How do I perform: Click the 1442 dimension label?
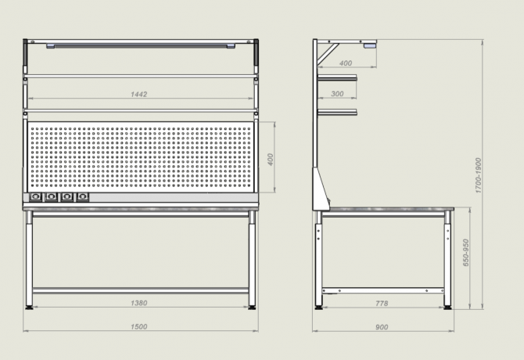(138, 94)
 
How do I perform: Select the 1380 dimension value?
(138, 303)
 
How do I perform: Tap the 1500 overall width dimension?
(138, 326)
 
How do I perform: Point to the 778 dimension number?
(382, 303)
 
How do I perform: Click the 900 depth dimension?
(382, 327)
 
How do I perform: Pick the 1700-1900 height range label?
(478, 175)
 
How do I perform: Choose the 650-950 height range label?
(466, 253)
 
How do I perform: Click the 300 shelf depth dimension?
(337, 94)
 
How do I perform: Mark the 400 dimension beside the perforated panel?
(271, 160)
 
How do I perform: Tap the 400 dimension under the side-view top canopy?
(346, 63)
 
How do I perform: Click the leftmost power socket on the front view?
(35, 197)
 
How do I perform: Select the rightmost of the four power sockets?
(83, 197)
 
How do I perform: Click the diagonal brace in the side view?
(328, 54)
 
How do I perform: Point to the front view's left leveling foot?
(29, 308)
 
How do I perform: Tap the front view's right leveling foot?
(252, 308)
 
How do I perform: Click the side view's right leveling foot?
(447, 308)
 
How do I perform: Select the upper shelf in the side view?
(337, 78)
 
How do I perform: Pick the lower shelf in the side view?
(337, 113)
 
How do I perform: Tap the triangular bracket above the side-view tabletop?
(321, 189)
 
